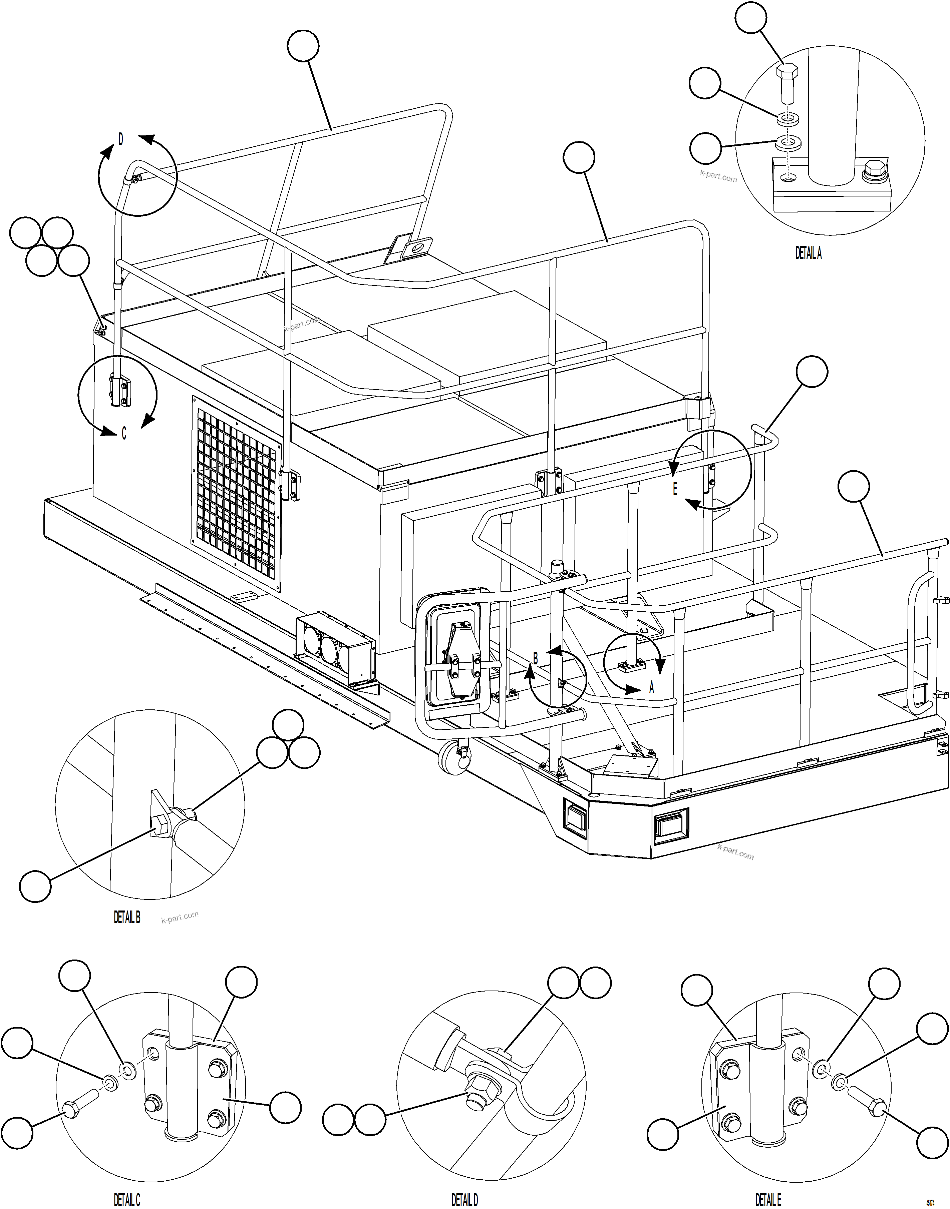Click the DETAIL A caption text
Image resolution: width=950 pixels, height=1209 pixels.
[x=808, y=253]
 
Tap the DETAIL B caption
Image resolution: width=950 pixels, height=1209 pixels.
[x=127, y=918]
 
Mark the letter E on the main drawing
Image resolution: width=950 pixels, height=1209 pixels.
[x=675, y=489]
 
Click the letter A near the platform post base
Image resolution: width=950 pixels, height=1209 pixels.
[x=652, y=688]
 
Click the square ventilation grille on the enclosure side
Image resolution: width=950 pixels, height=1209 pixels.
[x=236, y=493]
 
